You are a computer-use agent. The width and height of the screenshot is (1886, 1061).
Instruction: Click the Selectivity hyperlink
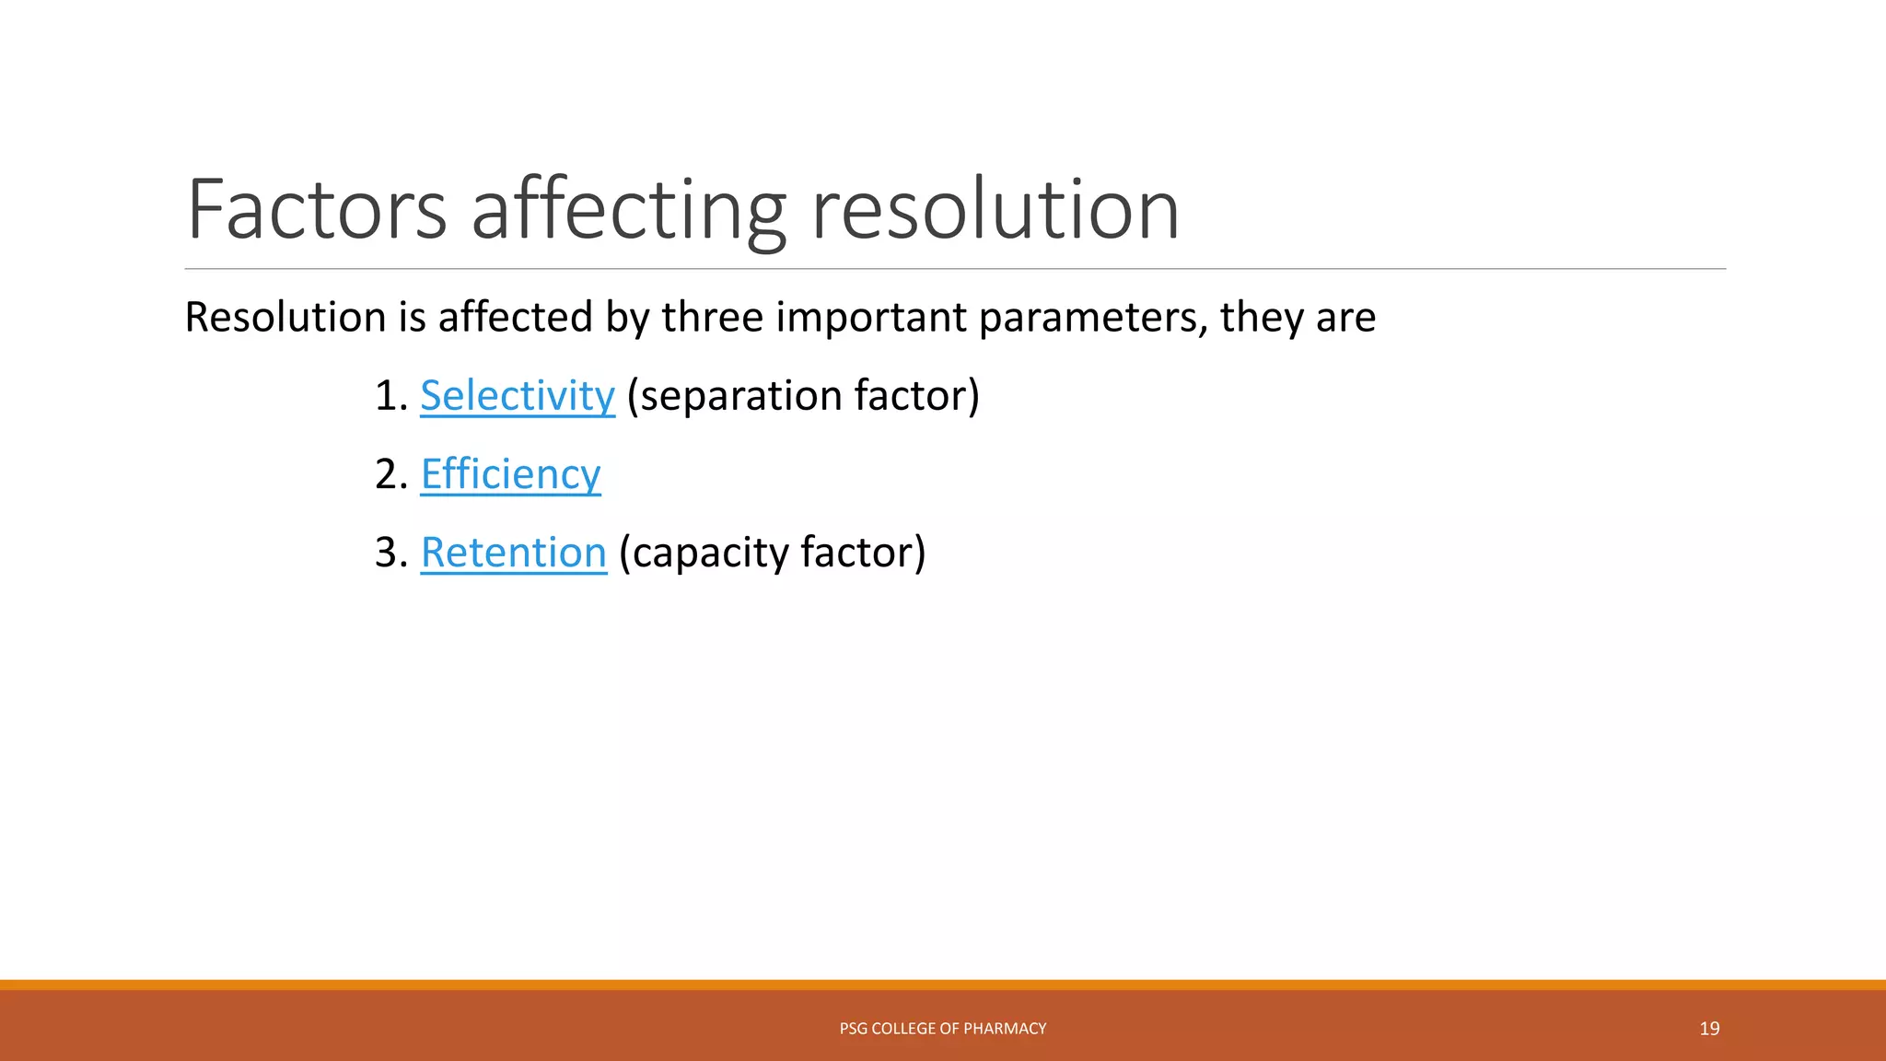point(518,396)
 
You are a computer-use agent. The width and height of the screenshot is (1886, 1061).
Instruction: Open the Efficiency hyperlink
point(510,474)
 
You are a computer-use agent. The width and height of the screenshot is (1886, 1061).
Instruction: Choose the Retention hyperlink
point(514,553)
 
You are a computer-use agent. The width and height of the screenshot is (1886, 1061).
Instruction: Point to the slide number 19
point(1709,1029)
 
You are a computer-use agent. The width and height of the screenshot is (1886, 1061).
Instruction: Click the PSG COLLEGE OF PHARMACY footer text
point(943,1029)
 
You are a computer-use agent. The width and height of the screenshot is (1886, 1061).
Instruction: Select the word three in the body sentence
point(712,318)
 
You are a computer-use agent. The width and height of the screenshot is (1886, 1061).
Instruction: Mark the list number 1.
point(387,396)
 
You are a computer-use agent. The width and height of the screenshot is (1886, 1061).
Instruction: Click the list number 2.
point(387,474)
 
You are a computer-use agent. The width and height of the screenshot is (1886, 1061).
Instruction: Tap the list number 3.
point(387,553)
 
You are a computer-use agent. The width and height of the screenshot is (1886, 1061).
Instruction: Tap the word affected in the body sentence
point(516,318)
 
